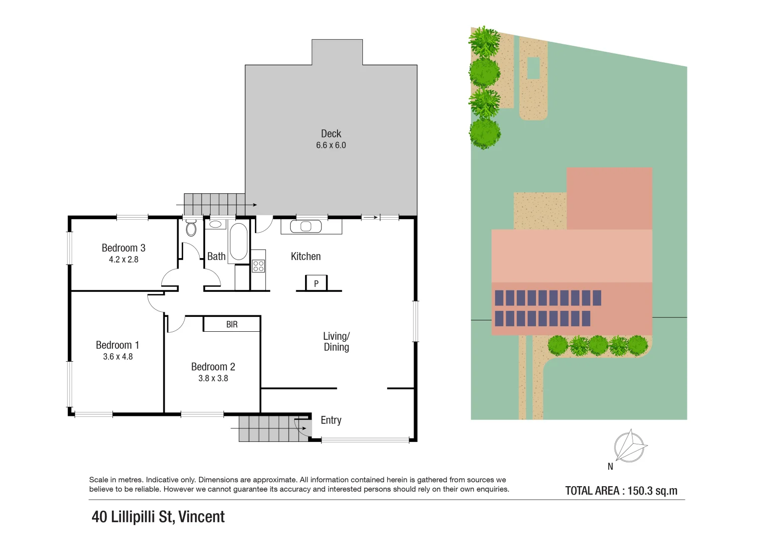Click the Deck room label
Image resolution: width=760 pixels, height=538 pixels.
tap(331, 134)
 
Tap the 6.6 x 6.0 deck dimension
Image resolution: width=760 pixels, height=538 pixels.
tap(331, 145)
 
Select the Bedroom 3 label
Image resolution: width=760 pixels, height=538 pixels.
tap(123, 248)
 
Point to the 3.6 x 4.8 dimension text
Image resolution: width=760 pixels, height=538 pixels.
tap(118, 357)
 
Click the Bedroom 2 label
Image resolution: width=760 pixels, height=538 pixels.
tap(213, 367)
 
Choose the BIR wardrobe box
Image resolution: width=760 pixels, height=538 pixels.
tap(231, 324)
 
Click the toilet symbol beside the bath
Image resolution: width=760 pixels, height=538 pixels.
tap(191, 229)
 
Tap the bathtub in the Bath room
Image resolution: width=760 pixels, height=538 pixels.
tap(238, 242)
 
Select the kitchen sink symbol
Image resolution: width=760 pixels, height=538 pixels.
tap(306, 227)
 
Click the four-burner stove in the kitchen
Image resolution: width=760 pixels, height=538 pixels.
tap(258, 266)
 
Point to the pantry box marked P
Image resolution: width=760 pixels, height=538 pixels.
tap(316, 283)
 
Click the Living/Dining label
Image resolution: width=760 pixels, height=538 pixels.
tap(336, 342)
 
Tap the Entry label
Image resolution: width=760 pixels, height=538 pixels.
tap(331, 420)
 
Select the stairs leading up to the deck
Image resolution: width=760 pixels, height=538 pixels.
tap(214, 205)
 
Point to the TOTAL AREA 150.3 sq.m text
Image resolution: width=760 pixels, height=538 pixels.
tap(621, 491)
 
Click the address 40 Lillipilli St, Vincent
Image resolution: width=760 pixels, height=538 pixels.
tap(158, 517)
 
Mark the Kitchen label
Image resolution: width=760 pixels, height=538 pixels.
tap(306, 257)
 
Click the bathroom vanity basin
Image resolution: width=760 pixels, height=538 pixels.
tap(216, 224)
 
